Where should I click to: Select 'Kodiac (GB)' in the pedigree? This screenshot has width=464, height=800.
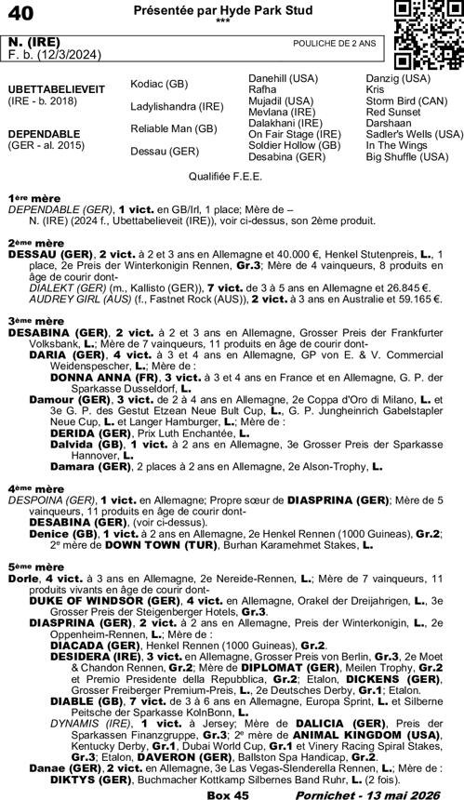tap(159, 82)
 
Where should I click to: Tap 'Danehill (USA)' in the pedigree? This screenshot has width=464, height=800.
tap(283, 74)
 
